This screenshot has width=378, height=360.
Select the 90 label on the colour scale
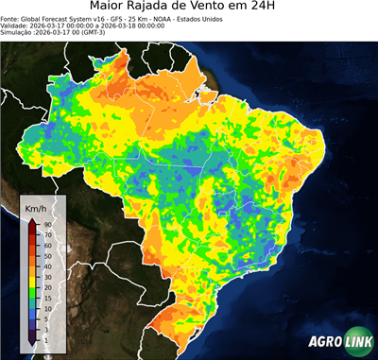tap(45, 224)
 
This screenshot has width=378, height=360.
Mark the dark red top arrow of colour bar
tap(31, 223)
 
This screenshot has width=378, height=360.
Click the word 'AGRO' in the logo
tap(325, 341)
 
